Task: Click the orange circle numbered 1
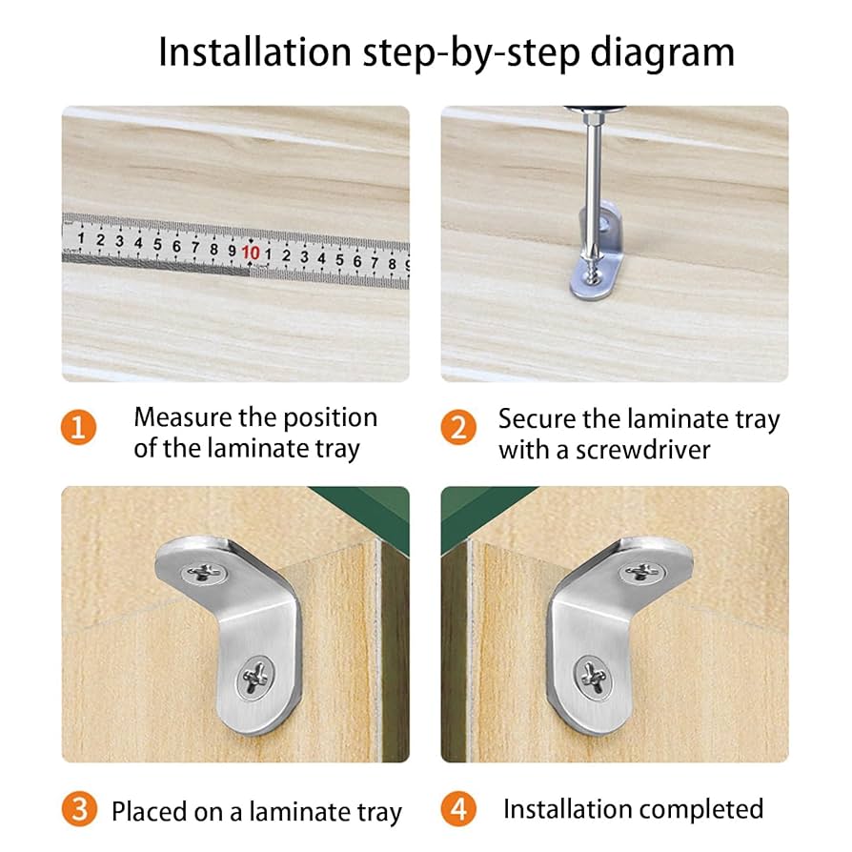[80, 427]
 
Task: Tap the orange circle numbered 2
[458, 428]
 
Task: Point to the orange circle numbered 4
[458, 809]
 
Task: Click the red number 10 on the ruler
[251, 253]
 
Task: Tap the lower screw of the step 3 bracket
[254, 676]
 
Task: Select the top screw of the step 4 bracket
[641, 572]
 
